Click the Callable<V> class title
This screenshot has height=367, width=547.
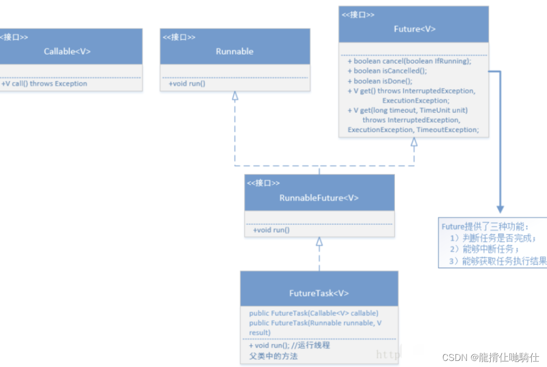pos(67,51)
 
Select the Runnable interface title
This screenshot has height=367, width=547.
pos(235,51)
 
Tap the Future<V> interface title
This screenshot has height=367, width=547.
pos(414,29)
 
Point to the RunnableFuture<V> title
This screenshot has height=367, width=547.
pos(319,198)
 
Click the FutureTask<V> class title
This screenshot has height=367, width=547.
pos(319,293)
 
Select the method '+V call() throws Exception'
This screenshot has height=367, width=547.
pos(44,84)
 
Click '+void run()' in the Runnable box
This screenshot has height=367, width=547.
pos(187,84)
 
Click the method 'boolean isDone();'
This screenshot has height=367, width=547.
pos(380,81)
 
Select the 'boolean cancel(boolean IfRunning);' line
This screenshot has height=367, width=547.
pos(409,61)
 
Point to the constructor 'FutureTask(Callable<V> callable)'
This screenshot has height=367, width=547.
pos(314,313)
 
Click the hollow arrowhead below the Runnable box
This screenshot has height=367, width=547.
pos(235,96)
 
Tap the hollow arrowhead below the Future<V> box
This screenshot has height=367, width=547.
pos(414,142)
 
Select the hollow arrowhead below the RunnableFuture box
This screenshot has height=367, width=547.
pos(319,241)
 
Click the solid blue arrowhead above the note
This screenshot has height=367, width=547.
pos(500,209)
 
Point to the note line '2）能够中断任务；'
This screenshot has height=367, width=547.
pos(485,249)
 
